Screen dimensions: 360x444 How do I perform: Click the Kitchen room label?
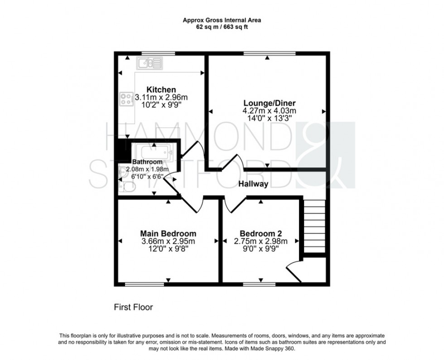click(x=161, y=89)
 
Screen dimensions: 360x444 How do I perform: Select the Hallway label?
click(x=254, y=184)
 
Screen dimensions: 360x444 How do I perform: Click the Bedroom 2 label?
click(x=261, y=234)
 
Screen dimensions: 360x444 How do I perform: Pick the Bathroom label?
click(x=147, y=162)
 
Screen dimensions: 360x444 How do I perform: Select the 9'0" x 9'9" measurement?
click(x=261, y=249)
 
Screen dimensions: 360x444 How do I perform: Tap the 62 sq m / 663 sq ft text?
click(x=222, y=27)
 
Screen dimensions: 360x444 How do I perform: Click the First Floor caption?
click(x=133, y=307)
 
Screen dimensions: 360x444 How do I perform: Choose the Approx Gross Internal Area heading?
click(x=222, y=20)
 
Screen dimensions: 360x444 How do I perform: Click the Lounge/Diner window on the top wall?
click(x=269, y=54)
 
